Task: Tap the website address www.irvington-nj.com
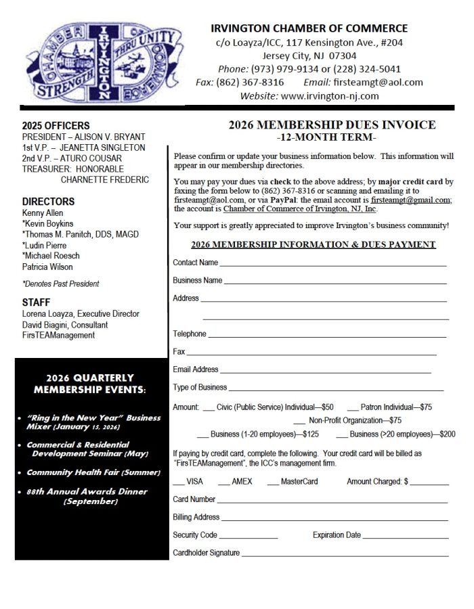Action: [329, 96]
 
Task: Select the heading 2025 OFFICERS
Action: [56, 126]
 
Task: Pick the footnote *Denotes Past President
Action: [60, 284]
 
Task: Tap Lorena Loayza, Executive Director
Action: [81, 314]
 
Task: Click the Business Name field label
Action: [197, 280]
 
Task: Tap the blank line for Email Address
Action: [325, 371]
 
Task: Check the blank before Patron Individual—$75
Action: [352, 409]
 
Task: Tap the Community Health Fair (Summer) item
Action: [93, 472]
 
